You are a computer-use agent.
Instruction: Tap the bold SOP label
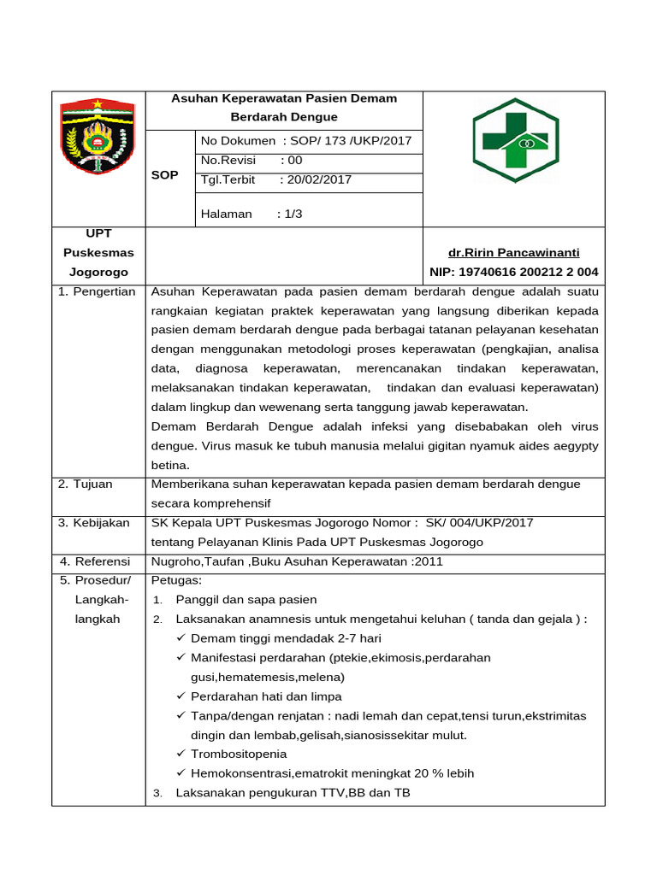164,175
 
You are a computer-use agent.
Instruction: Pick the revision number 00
295,160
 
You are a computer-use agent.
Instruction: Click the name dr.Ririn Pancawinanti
513,253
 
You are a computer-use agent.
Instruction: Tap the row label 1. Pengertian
97,291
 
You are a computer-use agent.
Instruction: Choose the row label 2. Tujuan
86,484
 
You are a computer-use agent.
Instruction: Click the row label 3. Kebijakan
93,523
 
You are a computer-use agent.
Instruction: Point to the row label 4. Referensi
94,561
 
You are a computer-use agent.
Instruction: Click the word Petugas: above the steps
175,580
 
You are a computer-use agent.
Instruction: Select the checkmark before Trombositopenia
181,754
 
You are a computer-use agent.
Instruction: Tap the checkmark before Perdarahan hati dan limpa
181,696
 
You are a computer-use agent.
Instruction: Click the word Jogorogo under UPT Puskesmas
98,273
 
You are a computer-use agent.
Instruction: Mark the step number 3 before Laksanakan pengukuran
157,794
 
